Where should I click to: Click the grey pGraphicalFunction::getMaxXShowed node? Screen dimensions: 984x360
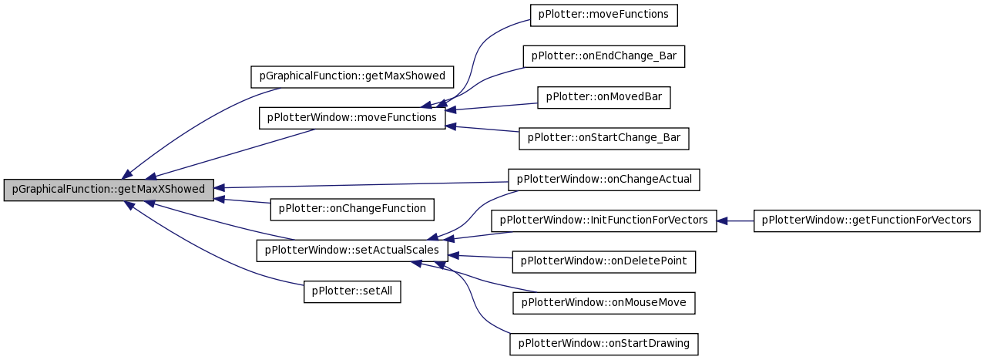(x=109, y=190)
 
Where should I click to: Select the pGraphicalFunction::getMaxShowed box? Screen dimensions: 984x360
(x=352, y=77)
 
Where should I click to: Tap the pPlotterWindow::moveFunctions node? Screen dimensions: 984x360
(x=352, y=118)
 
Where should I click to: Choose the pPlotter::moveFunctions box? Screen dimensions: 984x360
(x=604, y=15)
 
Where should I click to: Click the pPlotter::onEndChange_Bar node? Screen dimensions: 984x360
(x=604, y=56)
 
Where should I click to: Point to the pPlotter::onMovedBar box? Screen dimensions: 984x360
(x=604, y=98)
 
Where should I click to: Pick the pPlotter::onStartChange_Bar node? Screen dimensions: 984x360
(x=604, y=139)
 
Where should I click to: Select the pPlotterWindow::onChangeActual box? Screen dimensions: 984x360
(x=604, y=180)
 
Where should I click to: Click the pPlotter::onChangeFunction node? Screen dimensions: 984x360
(x=352, y=209)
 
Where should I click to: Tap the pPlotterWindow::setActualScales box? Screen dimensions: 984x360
(x=352, y=251)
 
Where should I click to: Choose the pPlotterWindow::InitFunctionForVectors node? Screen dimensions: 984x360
(x=604, y=220)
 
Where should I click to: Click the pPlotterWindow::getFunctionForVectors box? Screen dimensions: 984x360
(x=867, y=220)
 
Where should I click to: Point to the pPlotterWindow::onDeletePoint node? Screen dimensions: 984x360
(x=604, y=262)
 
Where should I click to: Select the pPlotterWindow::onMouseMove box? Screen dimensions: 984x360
(x=604, y=303)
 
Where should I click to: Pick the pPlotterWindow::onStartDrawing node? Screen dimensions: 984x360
(x=604, y=344)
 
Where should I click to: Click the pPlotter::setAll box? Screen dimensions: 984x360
(x=352, y=292)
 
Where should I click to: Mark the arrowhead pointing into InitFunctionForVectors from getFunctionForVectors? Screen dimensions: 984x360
(x=722, y=221)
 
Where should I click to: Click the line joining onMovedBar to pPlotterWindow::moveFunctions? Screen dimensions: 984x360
(x=492, y=107)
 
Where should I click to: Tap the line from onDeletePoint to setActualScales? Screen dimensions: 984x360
(x=480, y=257)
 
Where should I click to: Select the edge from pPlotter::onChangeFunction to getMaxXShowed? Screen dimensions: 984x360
(x=242, y=201)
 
